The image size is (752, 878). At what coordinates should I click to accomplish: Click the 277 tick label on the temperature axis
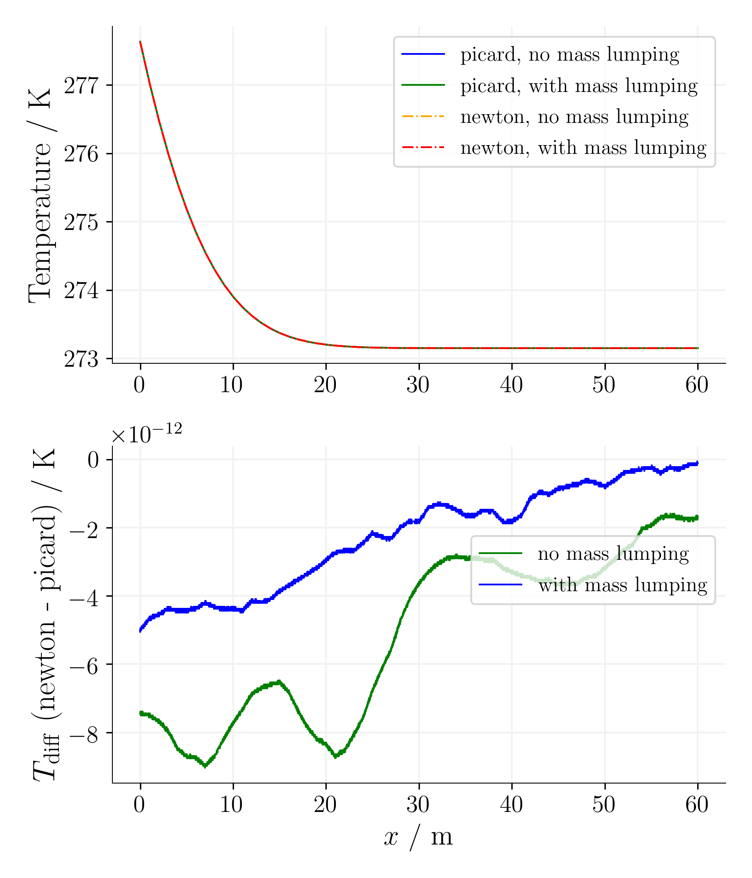click(81, 86)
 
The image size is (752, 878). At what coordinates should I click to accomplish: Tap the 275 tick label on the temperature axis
click(81, 222)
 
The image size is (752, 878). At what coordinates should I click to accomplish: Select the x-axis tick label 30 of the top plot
click(418, 385)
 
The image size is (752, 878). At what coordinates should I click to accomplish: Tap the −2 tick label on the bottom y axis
click(84, 528)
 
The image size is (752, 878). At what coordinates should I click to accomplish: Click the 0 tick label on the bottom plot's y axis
click(93, 460)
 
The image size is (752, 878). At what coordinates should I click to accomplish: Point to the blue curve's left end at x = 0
click(140, 631)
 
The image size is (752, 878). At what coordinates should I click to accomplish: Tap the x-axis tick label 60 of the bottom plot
click(697, 805)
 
